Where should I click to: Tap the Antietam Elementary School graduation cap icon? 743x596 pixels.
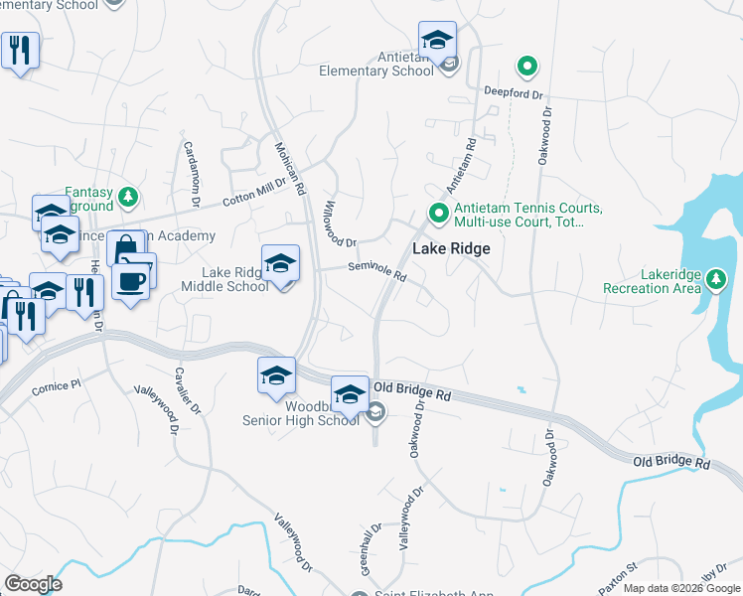[x=437, y=41]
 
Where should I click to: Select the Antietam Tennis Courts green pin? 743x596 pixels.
[x=437, y=214]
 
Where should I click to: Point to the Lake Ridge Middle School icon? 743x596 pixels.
[x=280, y=264]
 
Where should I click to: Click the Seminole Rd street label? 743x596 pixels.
[x=377, y=270]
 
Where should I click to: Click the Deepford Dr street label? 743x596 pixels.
[x=513, y=93]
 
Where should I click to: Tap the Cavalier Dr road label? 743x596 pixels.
[x=183, y=395]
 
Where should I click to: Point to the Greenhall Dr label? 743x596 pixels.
[x=371, y=549]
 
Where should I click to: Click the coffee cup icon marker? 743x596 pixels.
[x=130, y=281]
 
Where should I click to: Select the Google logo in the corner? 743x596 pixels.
[x=33, y=584]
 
